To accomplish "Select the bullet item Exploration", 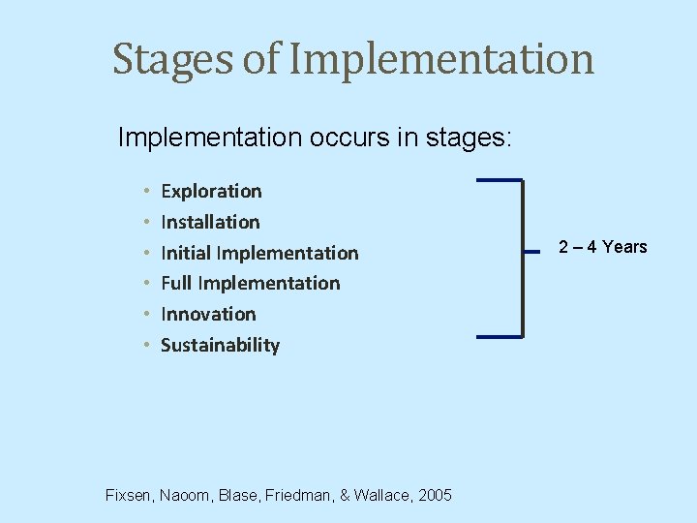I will (211, 191).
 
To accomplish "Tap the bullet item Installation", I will (210, 222).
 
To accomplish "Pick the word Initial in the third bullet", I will (186, 253).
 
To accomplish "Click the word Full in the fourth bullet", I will (176, 283).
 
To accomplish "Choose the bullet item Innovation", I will (208, 314).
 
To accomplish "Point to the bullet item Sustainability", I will (220, 345).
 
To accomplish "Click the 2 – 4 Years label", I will (602, 247).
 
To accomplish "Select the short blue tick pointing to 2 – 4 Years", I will (531, 250).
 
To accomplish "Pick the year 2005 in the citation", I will (435, 495).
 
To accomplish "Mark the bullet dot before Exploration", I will (144, 192).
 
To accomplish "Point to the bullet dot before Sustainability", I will (144, 346).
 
